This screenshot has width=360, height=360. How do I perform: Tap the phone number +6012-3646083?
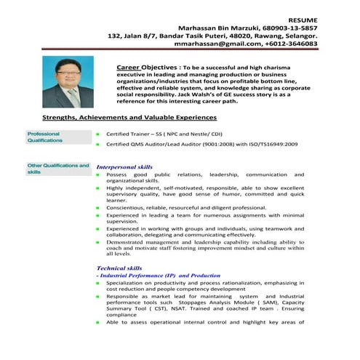point(294,44)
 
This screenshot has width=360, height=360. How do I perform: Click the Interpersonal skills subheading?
point(124,167)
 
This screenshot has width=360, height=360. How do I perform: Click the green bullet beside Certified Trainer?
point(98,135)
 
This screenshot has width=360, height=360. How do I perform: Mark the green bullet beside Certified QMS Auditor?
point(98,145)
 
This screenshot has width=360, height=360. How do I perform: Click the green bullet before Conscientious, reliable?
point(98,207)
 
